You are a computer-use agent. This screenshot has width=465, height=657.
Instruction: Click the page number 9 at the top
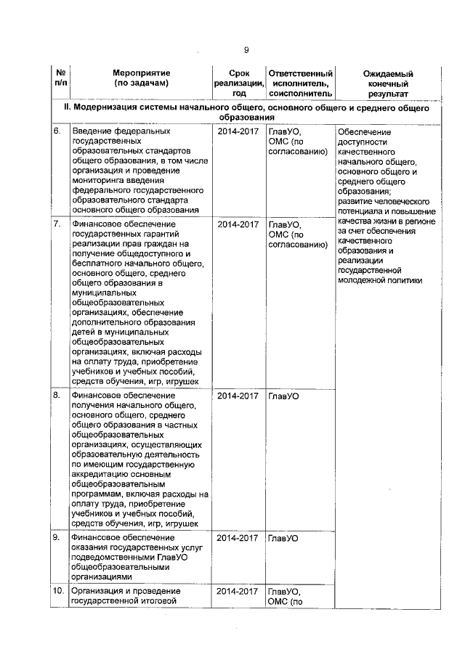pyautogui.click(x=246, y=49)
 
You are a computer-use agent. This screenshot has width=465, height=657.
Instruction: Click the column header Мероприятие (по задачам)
pyautogui.click(x=141, y=78)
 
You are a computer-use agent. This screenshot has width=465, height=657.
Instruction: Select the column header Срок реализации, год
pyautogui.click(x=238, y=83)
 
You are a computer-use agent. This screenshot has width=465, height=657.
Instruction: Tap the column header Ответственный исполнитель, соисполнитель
pyautogui.click(x=300, y=83)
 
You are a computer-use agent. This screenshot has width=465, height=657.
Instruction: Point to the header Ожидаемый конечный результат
pyautogui.click(x=387, y=83)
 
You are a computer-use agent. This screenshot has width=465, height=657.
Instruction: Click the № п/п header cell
pyautogui.click(x=59, y=78)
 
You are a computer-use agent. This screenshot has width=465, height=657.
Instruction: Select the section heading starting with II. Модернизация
pyautogui.click(x=246, y=112)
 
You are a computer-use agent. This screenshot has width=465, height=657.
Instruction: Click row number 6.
pyautogui.click(x=56, y=131)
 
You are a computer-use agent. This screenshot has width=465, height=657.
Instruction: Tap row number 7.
pyautogui.click(x=56, y=224)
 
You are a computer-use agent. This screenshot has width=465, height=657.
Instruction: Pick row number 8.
pyautogui.click(x=56, y=396)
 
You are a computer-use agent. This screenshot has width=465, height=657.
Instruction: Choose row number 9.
pyautogui.click(x=56, y=538)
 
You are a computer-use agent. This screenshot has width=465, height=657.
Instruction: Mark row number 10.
pyautogui.click(x=57, y=591)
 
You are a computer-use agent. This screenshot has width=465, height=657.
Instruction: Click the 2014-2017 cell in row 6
pyautogui.click(x=238, y=131)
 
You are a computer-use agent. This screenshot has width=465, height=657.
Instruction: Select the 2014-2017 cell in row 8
pyautogui.click(x=238, y=396)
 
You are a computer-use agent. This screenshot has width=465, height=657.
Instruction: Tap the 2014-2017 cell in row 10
pyautogui.click(x=238, y=591)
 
